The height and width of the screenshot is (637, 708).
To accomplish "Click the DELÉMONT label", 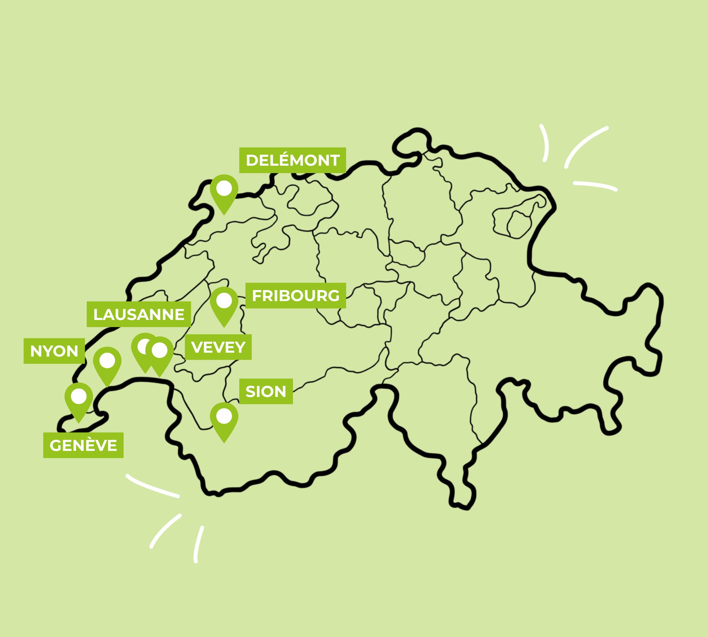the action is (x=292, y=160).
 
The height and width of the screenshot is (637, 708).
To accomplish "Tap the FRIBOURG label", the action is (x=296, y=295).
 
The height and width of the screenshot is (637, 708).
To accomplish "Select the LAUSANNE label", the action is (x=139, y=314).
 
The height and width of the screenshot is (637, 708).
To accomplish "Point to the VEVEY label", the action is (x=218, y=347).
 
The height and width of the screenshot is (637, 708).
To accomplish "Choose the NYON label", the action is (x=54, y=351).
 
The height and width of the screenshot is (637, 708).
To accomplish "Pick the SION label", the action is (x=266, y=391).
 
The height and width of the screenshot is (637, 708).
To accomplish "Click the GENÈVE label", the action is (x=83, y=445).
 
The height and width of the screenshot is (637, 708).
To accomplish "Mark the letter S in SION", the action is (x=250, y=391).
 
